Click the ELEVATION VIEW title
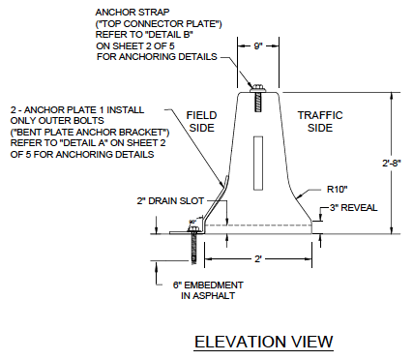263,342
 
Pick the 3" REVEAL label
354,208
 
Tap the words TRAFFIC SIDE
320,119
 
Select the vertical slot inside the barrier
256,162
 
